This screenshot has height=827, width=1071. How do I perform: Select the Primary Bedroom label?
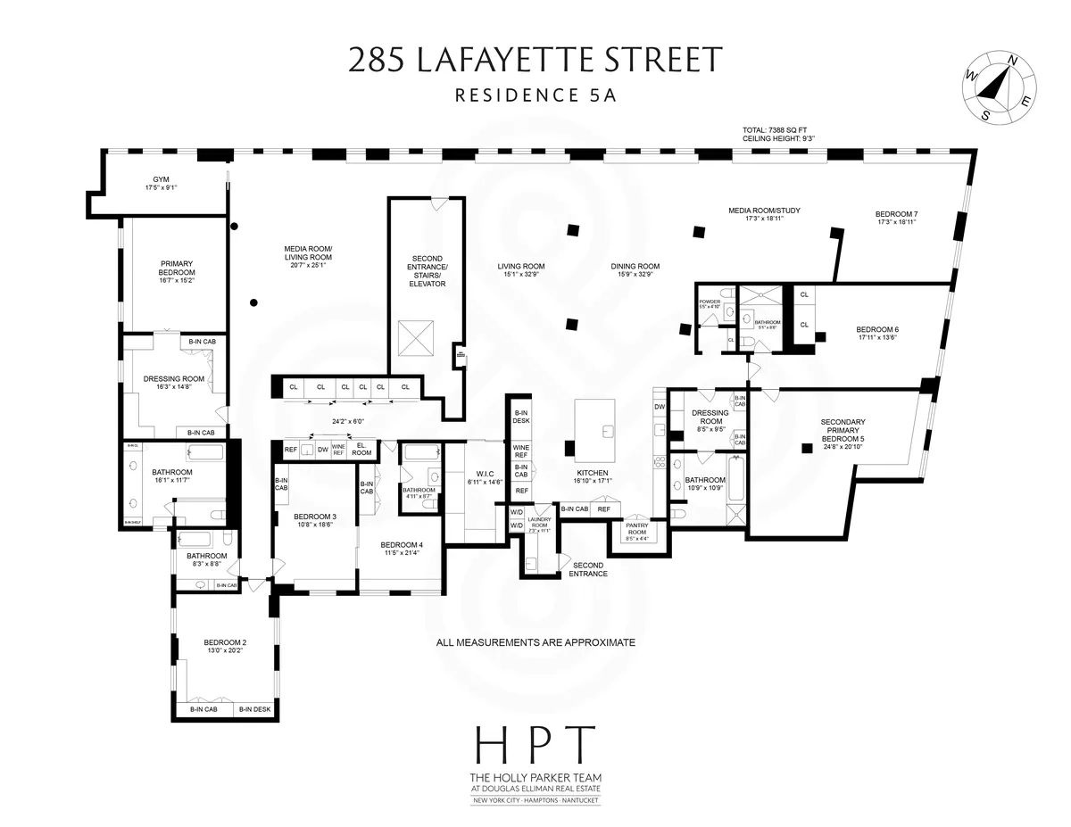coord(178,271)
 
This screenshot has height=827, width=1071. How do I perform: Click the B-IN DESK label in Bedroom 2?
coord(253,709)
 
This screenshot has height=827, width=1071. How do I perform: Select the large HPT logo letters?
coord(535,745)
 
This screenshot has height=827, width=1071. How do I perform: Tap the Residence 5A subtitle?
coord(535,95)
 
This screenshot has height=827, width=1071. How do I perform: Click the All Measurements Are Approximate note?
coord(535,641)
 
